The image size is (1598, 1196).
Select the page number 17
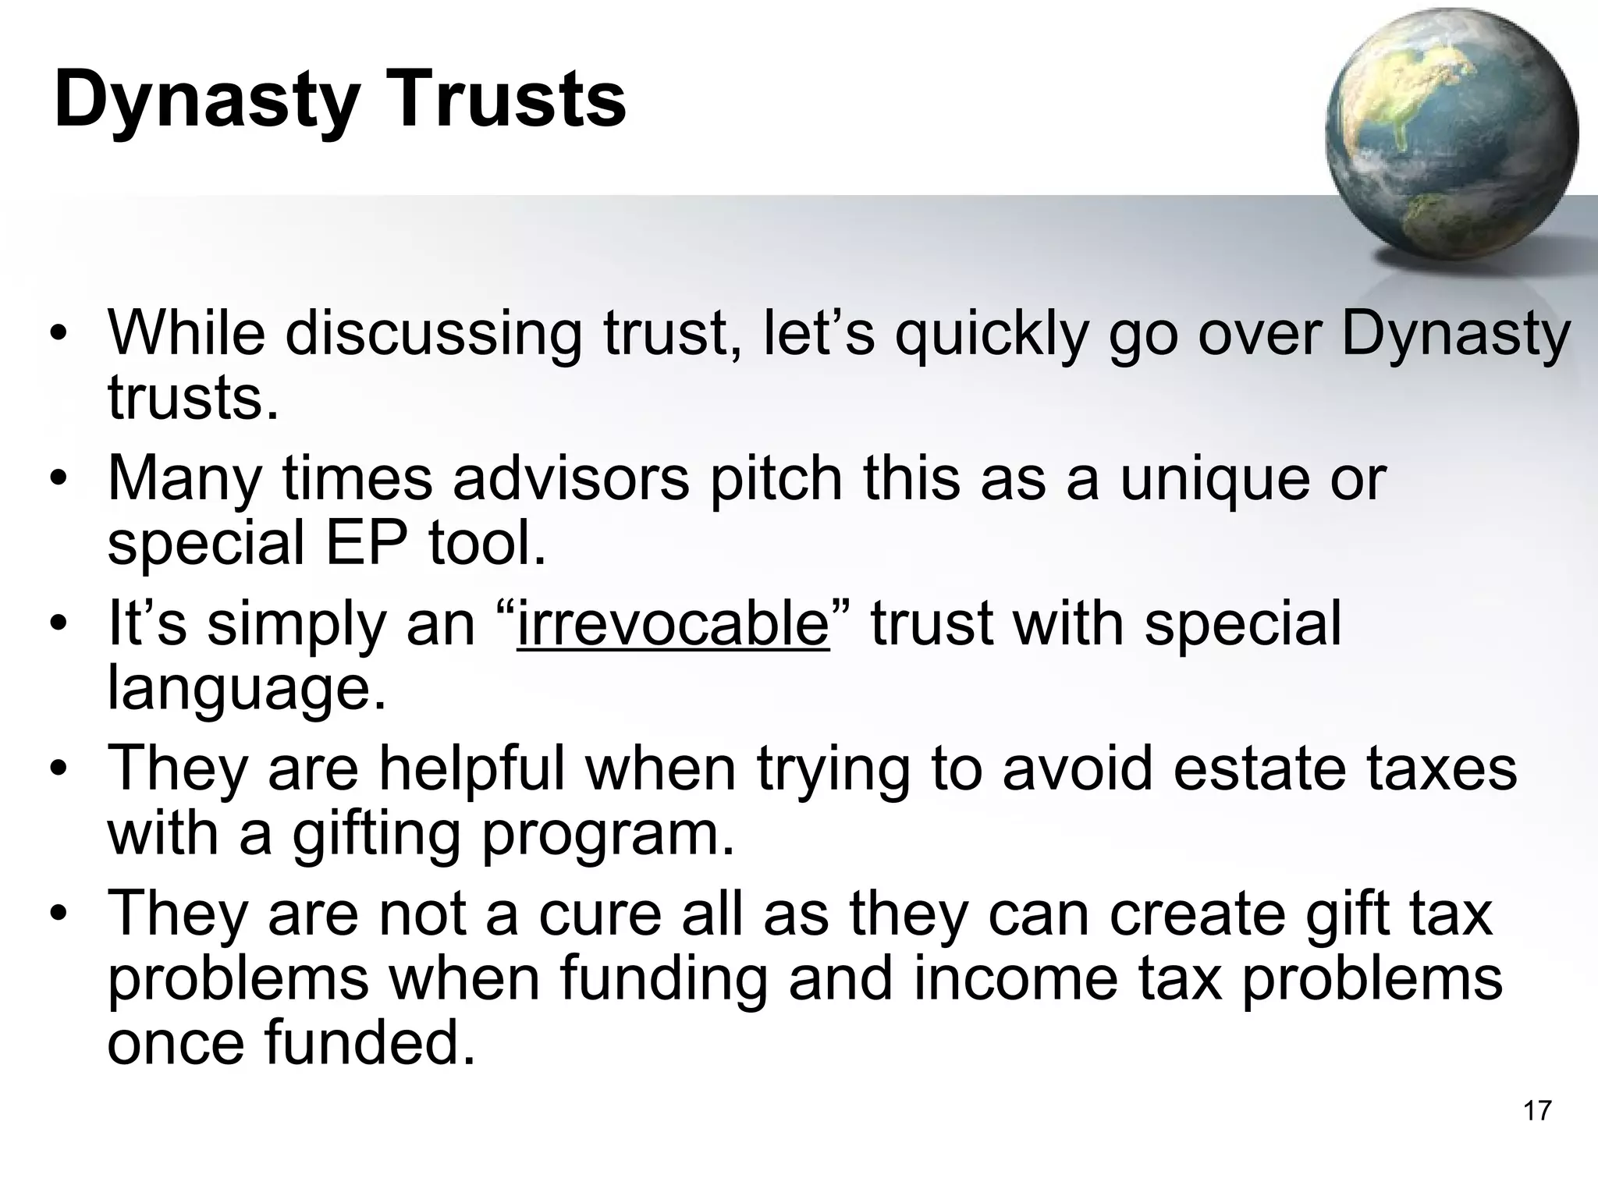[x=1536, y=1110]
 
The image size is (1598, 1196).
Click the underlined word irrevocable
[x=673, y=623]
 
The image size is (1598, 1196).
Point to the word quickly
[x=990, y=335]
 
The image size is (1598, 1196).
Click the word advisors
[x=570, y=477]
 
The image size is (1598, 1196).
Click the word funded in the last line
[x=370, y=1044]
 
